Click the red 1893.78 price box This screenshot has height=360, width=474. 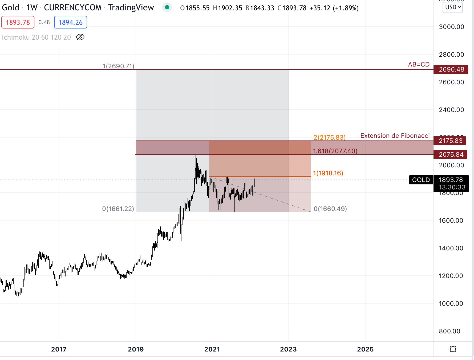tap(18, 22)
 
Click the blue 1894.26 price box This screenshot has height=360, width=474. tap(71, 22)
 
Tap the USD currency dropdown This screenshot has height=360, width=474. tap(452, 7)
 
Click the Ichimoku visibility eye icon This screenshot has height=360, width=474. tap(80, 37)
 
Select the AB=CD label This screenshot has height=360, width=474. tap(419, 64)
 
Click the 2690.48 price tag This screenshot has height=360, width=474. tap(451, 69)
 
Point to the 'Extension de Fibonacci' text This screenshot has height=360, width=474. tap(395, 136)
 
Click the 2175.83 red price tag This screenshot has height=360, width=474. tap(450, 141)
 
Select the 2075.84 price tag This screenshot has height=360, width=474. tap(451, 155)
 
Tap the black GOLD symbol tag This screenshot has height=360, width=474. tap(421, 180)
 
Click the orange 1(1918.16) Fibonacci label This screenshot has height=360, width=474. tap(328, 173)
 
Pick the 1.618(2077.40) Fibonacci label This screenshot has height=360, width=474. tap(335, 151)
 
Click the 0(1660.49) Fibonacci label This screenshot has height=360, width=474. tap(330, 209)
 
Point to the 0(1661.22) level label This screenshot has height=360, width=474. tap(118, 209)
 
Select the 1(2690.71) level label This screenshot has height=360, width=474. tap(118, 66)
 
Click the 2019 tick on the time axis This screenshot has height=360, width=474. tap(136, 349)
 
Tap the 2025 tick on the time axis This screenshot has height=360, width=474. tap(365, 349)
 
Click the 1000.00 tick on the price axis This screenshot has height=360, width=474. tap(451, 304)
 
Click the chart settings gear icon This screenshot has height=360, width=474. tap(453, 349)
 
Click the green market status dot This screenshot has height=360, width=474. tap(167, 7)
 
